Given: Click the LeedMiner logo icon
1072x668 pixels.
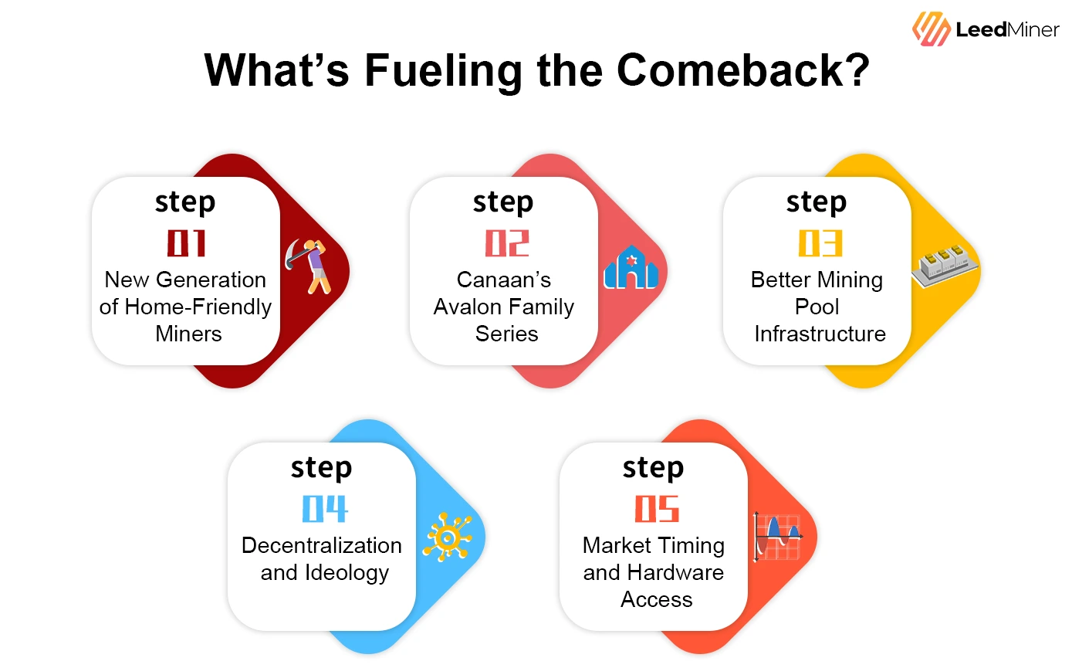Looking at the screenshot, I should click(932, 29).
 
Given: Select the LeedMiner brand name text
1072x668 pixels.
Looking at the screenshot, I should click(1006, 30).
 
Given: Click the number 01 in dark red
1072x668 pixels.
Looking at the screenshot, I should click(186, 242).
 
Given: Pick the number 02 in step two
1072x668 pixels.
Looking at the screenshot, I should click(506, 242).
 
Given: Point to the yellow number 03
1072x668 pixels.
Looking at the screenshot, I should click(820, 242).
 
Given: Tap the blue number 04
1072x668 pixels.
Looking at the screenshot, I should click(324, 509).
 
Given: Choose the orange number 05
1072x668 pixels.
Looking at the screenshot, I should click(657, 509).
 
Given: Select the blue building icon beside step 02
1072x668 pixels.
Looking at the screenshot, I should click(631, 268).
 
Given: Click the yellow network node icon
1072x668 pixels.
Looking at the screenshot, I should click(447, 535).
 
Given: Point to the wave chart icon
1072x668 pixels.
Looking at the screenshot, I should click(777, 536).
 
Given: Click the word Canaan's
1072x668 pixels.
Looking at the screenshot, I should click(503, 280).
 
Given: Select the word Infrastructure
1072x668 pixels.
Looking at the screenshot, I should click(820, 334).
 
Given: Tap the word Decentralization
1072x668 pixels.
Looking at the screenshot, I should click(321, 545).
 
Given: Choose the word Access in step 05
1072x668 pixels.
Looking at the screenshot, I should click(656, 599).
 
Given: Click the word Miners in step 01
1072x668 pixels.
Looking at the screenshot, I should click(188, 334).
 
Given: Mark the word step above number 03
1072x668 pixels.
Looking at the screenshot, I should click(816, 202).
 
